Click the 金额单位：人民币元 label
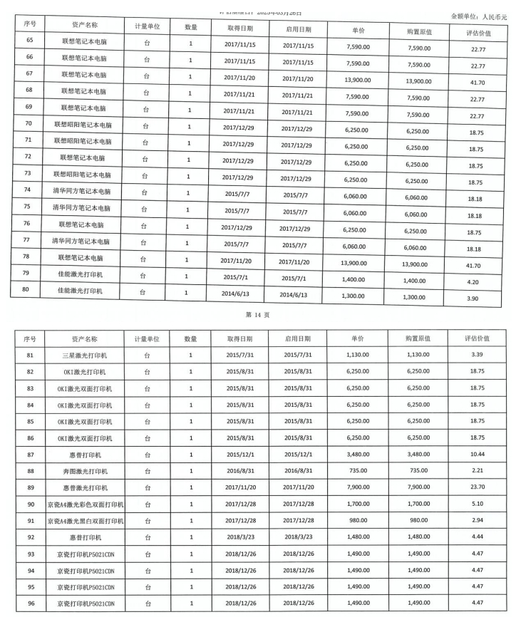tap(480, 15)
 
